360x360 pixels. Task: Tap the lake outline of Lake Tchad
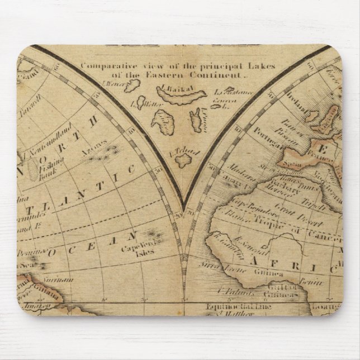tap(183, 160)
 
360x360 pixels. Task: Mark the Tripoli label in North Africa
tap(307, 202)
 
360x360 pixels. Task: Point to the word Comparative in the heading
tap(105, 65)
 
